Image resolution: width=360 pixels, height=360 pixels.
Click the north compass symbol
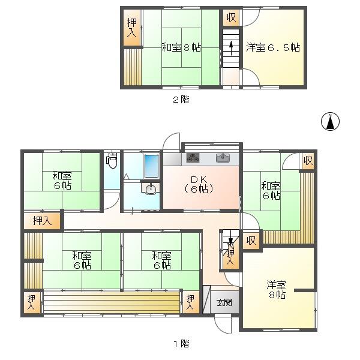click(x=330, y=122)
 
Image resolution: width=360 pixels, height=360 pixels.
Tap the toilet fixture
click(x=112, y=160)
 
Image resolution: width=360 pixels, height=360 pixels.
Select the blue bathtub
click(x=151, y=166)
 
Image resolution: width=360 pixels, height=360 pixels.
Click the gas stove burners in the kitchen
click(x=193, y=158)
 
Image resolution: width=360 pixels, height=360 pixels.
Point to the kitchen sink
click(x=223, y=157)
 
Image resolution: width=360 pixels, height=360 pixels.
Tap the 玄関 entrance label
click(x=224, y=302)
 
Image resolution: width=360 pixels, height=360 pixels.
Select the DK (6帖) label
click(x=199, y=184)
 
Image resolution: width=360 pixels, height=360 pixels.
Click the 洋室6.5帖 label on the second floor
click(x=273, y=47)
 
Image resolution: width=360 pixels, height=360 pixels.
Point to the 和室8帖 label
click(x=181, y=47)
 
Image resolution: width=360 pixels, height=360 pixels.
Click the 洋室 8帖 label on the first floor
click(x=277, y=290)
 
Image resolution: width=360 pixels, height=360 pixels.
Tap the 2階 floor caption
click(x=181, y=100)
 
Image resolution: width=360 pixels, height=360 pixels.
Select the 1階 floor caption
click(x=181, y=344)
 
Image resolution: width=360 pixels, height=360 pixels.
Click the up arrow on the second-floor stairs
click(x=231, y=48)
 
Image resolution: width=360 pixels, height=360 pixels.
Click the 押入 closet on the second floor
click(x=132, y=28)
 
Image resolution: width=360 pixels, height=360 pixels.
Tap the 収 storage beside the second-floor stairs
click(x=231, y=17)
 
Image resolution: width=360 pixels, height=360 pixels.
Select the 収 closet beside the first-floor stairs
click(x=251, y=241)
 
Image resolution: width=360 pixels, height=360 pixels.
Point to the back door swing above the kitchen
click(x=171, y=141)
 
